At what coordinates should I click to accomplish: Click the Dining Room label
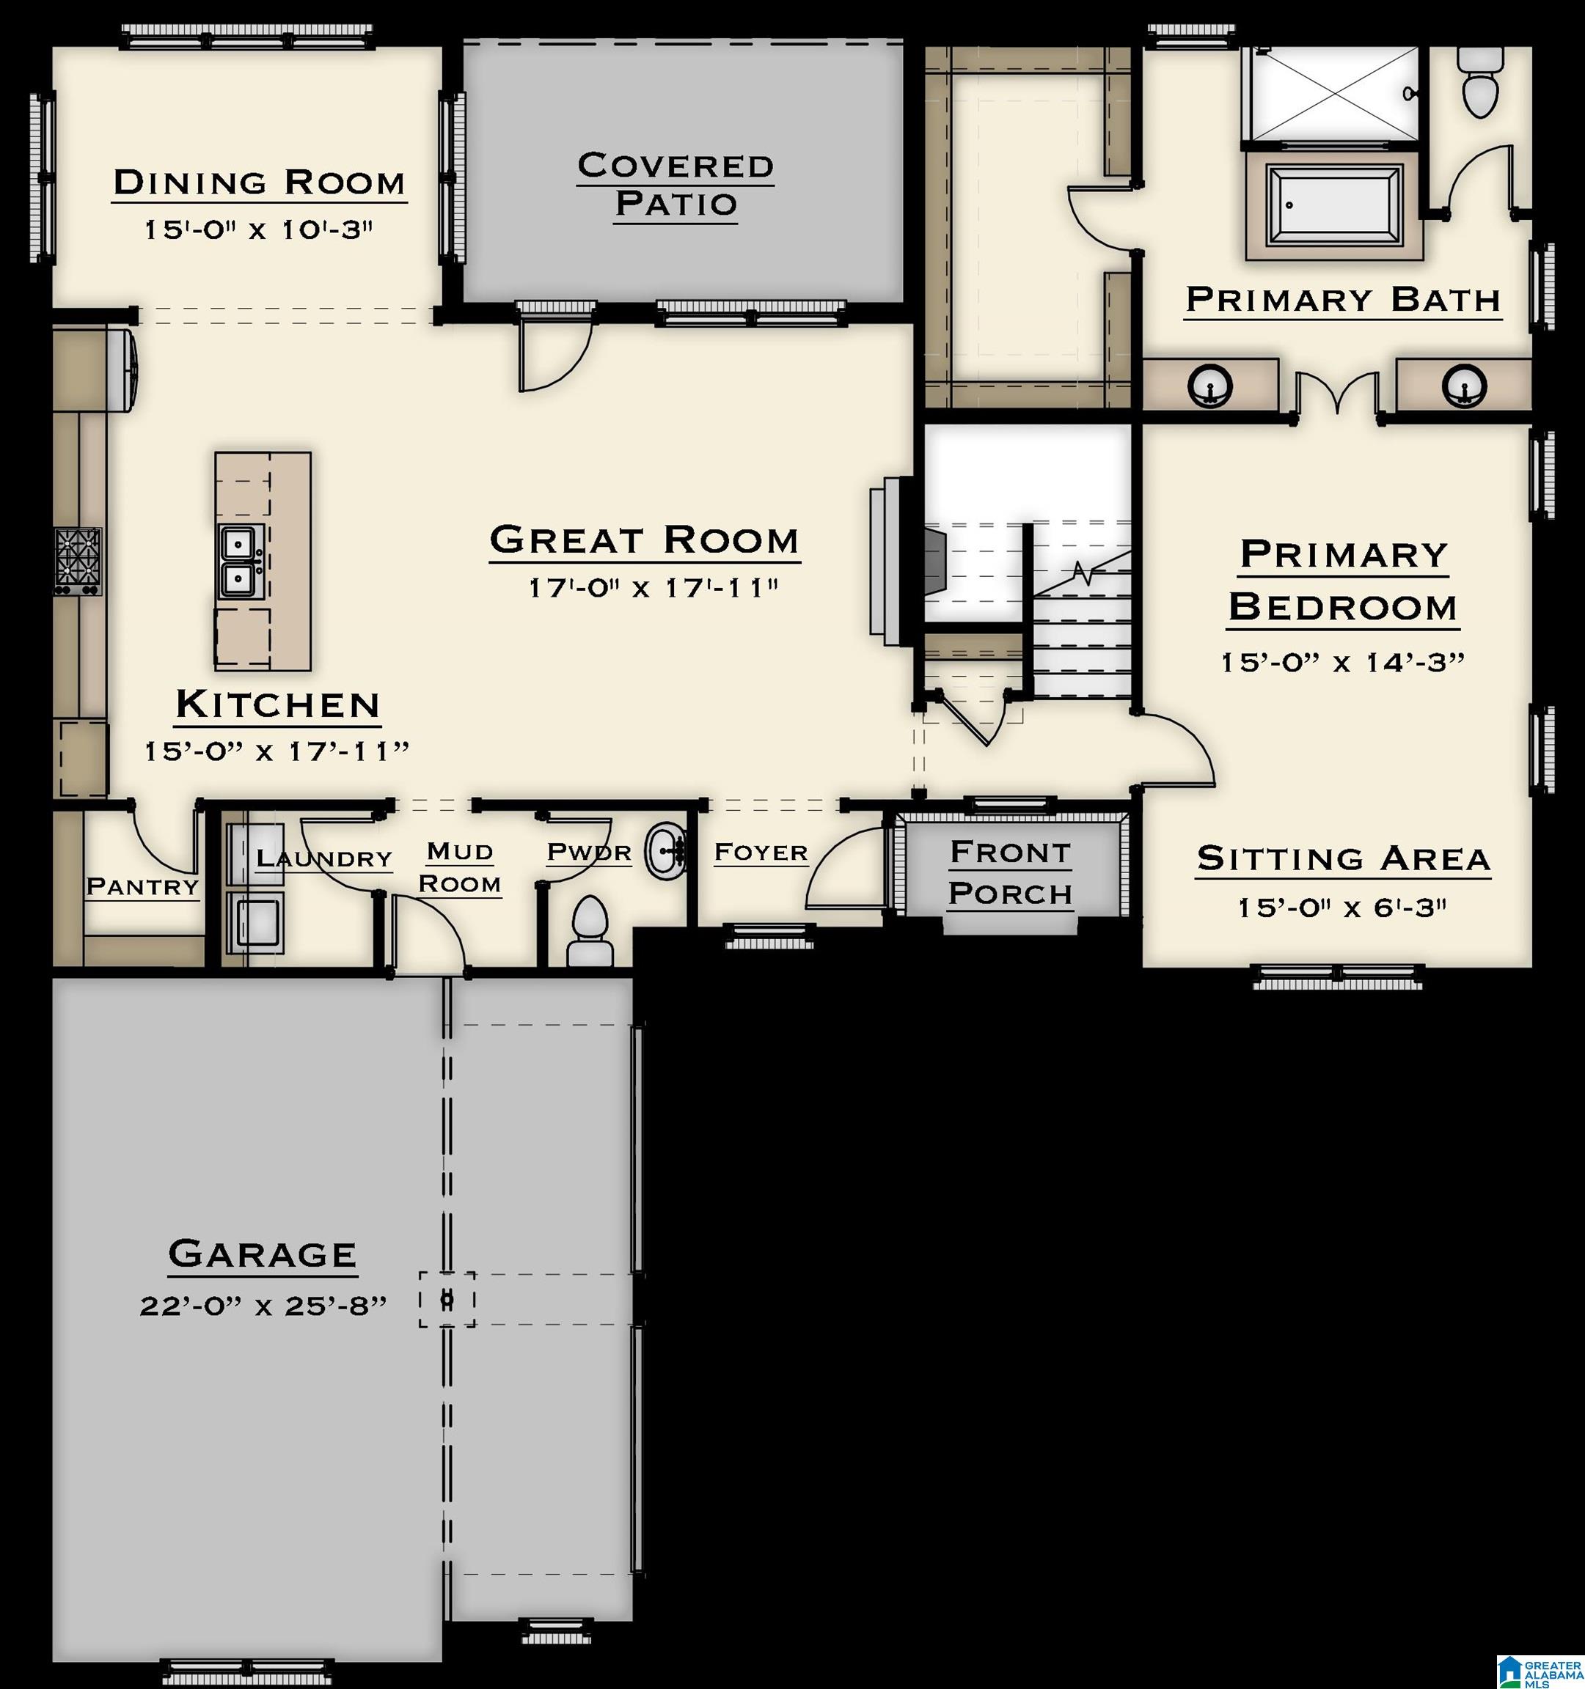pyautogui.click(x=259, y=182)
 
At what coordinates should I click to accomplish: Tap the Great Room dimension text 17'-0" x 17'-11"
pyautogui.click(x=653, y=587)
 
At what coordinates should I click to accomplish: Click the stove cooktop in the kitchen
pyautogui.click(x=78, y=561)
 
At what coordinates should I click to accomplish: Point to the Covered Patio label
pyautogui.click(x=676, y=184)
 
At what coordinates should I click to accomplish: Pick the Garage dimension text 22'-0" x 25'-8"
pyautogui.click(x=263, y=1306)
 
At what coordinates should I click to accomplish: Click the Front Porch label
pyautogui.click(x=1011, y=872)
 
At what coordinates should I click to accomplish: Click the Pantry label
pyautogui.click(x=143, y=887)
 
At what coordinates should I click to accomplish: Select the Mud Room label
pyautogui.click(x=460, y=867)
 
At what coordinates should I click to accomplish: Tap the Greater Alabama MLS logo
pyautogui.click(x=1538, y=1669)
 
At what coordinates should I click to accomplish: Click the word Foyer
pyautogui.click(x=761, y=851)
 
